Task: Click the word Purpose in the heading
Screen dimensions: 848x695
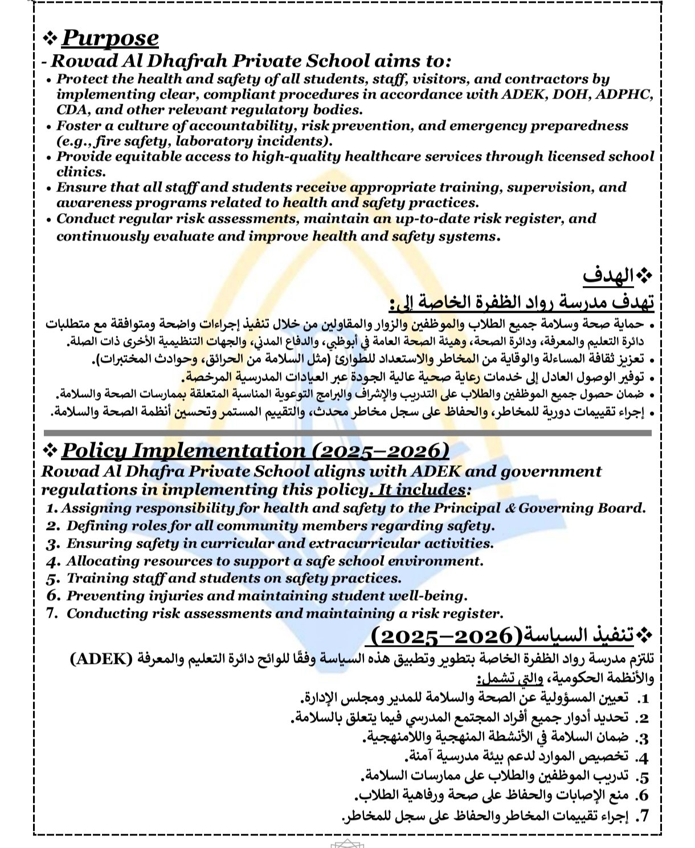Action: (x=110, y=38)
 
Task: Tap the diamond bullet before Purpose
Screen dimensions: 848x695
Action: (x=50, y=38)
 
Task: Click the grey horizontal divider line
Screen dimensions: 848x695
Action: (x=347, y=433)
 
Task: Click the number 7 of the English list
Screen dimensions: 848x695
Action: (x=53, y=614)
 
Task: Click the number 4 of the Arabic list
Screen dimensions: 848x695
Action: (x=643, y=758)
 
